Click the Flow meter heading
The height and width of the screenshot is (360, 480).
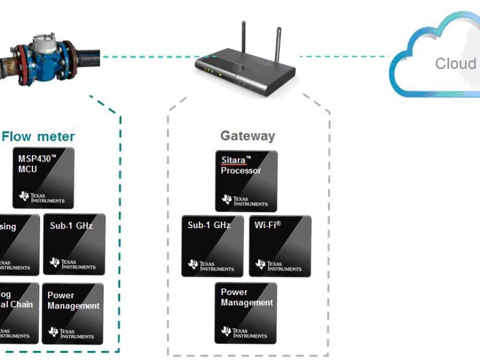38,136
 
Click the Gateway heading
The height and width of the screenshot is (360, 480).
247,136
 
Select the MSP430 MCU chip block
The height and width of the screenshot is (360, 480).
43,178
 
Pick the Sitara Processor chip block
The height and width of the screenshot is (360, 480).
246,181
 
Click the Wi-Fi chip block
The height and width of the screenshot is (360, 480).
280,246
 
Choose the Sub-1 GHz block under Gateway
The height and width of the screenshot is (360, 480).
212,246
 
